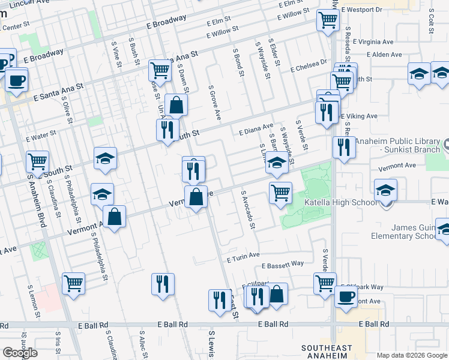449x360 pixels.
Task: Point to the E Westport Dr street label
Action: (x=361, y=10)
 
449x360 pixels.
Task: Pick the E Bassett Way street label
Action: (x=283, y=264)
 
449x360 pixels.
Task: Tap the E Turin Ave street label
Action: (x=243, y=257)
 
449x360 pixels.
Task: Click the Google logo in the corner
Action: (x=19, y=352)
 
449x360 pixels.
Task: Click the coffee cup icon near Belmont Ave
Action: (x=346, y=296)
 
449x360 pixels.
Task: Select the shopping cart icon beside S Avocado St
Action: (x=280, y=193)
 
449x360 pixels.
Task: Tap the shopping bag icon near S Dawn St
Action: (x=176, y=105)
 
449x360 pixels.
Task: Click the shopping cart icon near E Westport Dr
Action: (x=328, y=19)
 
